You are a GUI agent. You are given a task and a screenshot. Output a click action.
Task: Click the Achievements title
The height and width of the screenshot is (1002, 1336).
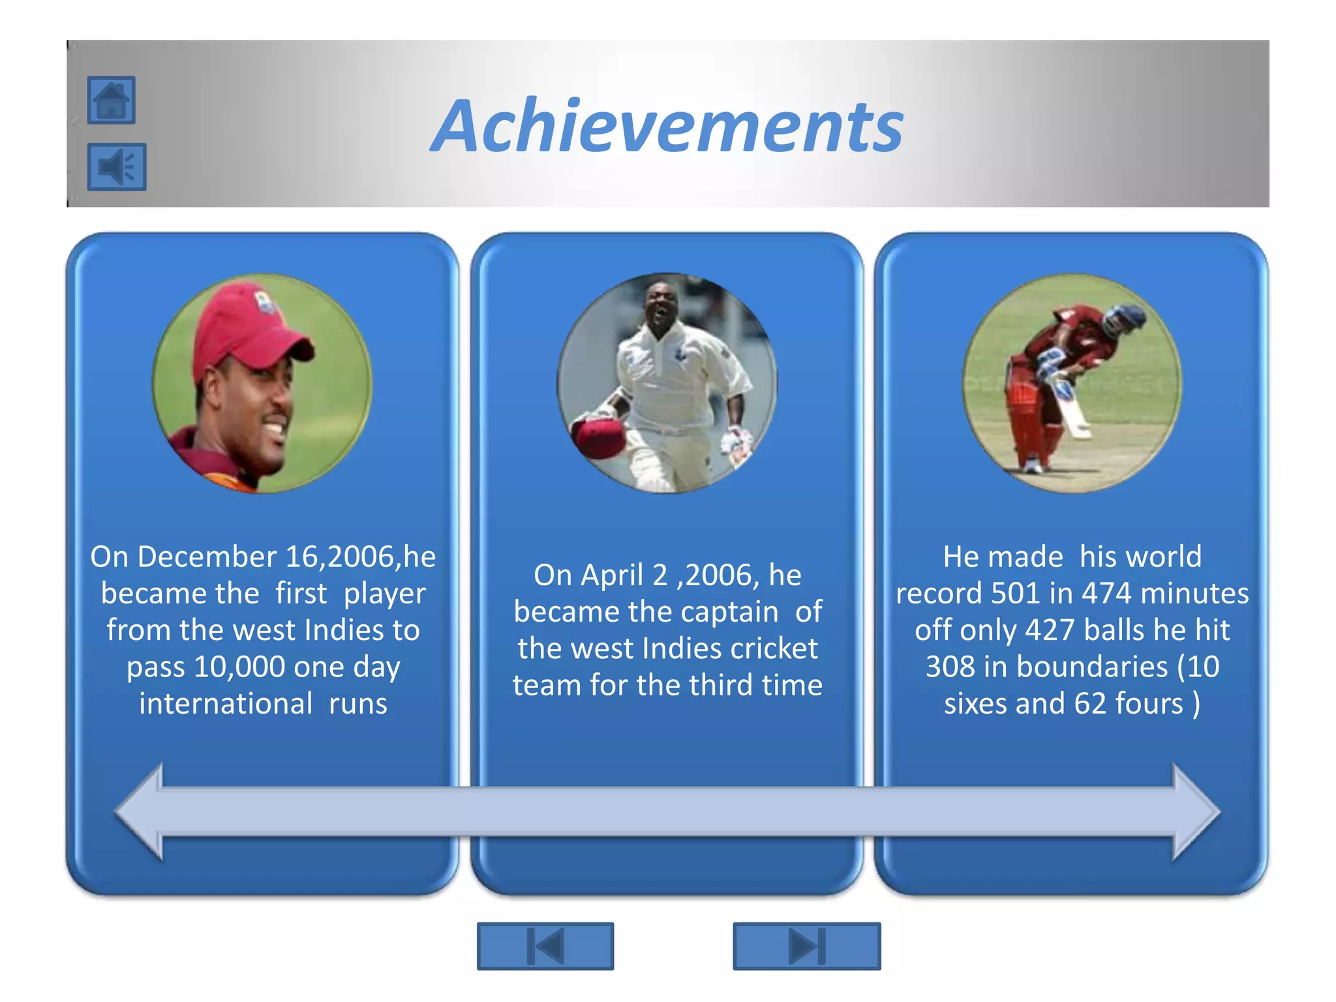click(x=667, y=125)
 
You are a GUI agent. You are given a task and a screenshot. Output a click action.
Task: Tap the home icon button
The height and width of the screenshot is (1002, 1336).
click(x=112, y=100)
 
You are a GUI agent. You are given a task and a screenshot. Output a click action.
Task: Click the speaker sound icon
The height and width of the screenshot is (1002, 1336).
click(x=117, y=167)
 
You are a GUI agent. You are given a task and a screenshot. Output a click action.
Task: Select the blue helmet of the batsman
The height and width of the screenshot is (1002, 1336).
click(x=1124, y=320)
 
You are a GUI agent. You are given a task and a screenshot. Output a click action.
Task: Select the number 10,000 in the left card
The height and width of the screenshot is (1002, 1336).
click(x=239, y=667)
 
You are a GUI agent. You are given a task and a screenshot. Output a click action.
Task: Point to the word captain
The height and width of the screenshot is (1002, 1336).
click(x=736, y=613)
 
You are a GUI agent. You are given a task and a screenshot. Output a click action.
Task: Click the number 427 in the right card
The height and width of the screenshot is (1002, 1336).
click(x=1050, y=630)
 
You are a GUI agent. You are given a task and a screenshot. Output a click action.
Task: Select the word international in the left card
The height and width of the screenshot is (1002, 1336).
click(x=226, y=704)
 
